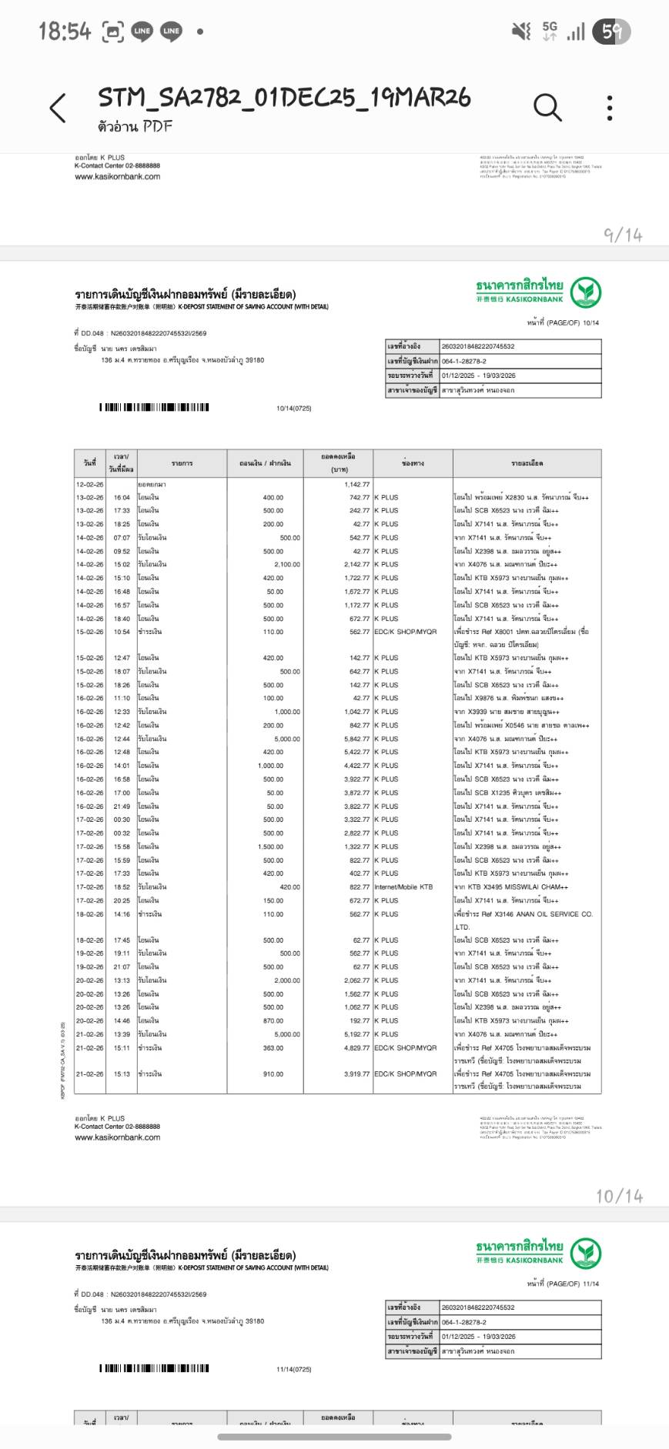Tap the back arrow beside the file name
pyautogui.click(x=58, y=108)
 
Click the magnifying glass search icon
pyautogui.click(x=547, y=108)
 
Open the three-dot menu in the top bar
pyautogui.click(x=610, y=108)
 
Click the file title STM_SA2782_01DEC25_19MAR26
pyautogui.click(x=284, y=98)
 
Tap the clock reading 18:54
pyautogui.click(x=65, y=32)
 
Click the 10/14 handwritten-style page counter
pyautogui.click(x=619, y=1196)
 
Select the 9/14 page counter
pyautogui.click(x=623, y=235)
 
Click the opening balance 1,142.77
pyautogui.click(x=356, y=484)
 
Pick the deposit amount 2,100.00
pyautogui.click(x=286, y=564)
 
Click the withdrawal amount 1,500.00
pyautogui.click(x=270, y=846)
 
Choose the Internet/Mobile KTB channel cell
pyautogui.click(x=403, y=886)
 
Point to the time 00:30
pyautogui.click(x=122, y=820)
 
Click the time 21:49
pyautogui.click(x=122, y=806)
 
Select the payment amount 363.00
pyautogui.click(x=273, y=1047)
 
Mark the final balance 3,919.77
pyautogui.click(x=356, y=1073)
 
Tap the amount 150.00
pyautogui.click(x=273, y=900)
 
